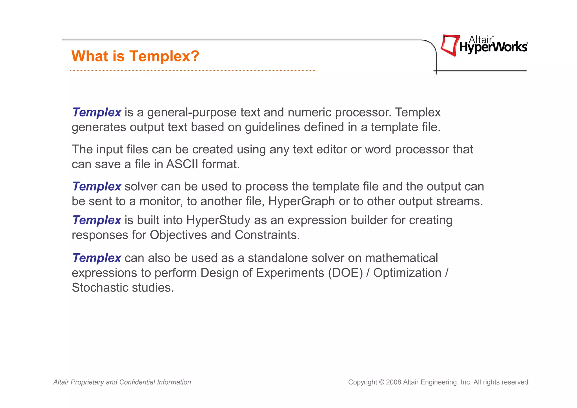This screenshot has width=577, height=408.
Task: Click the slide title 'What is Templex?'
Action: (x=135, y=56)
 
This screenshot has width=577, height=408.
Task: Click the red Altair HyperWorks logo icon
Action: (x=450, y=45)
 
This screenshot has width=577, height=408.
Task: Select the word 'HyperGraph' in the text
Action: (x=301, y=201)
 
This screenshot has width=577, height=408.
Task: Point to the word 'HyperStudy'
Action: (x=218, y=220)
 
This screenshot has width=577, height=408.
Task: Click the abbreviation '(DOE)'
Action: (x=345, y=273)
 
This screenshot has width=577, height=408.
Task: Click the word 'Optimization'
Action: (x=407, y=273)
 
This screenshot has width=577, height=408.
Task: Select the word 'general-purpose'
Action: (x=192, y=113)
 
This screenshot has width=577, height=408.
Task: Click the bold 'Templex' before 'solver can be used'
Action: (x=97, y=187)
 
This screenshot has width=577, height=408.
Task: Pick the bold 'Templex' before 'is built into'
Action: (x=97, y=220)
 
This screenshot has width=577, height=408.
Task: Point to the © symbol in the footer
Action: (x=381, y=382)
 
